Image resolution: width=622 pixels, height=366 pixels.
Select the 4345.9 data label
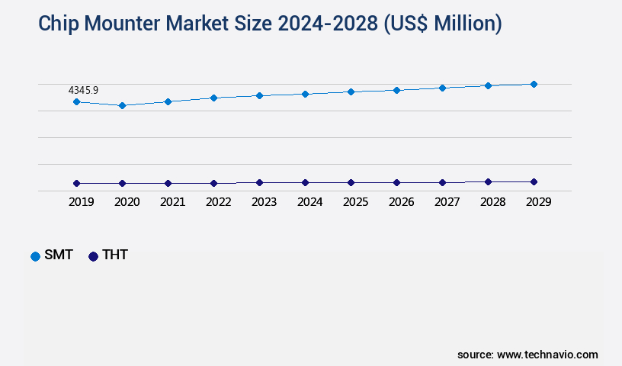pyautogui.click(x=83, y=90)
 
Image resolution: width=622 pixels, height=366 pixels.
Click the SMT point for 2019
pyautogui.click(x=76, y=101)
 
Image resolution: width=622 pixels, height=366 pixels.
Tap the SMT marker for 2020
pyautogui.click(x=122, y=105)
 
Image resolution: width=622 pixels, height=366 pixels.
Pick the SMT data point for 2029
pyautogui.click(x=534, y=84)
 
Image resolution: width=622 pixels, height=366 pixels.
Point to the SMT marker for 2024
pyautogui.click(x=305, y=94)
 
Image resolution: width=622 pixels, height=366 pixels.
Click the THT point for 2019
pyautogui.click(x=76, y=183)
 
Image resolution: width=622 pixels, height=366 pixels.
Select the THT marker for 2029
pyautogui.click(x=534, y=181)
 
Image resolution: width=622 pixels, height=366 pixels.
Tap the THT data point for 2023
pyautogui.click(x=259, y=182)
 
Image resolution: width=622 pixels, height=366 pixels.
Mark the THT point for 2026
pyautogui.click(x=396, y=182)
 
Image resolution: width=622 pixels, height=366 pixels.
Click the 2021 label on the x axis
pyautogui.click(x=172, y=202)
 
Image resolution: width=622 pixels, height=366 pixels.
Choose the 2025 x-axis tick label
pyautogui.click(x=355, y=202)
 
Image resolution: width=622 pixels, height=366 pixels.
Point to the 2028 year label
pyautogui.click(x=492, y=202)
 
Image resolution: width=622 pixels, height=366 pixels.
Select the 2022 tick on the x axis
pyautogui.click(x=218, y=202)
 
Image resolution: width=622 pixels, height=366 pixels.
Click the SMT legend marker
pyautogui.click(x=35, y=256)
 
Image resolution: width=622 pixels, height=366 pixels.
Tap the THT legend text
pyautogui.click(x=115, y=255)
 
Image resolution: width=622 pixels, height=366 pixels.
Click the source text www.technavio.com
pyautogui.click(x=547, y=355)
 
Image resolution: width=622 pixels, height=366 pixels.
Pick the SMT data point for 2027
pyautogui.click(x=442, y=88)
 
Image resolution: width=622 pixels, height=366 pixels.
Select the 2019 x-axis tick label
pyautogui.click(x=81, y=202)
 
